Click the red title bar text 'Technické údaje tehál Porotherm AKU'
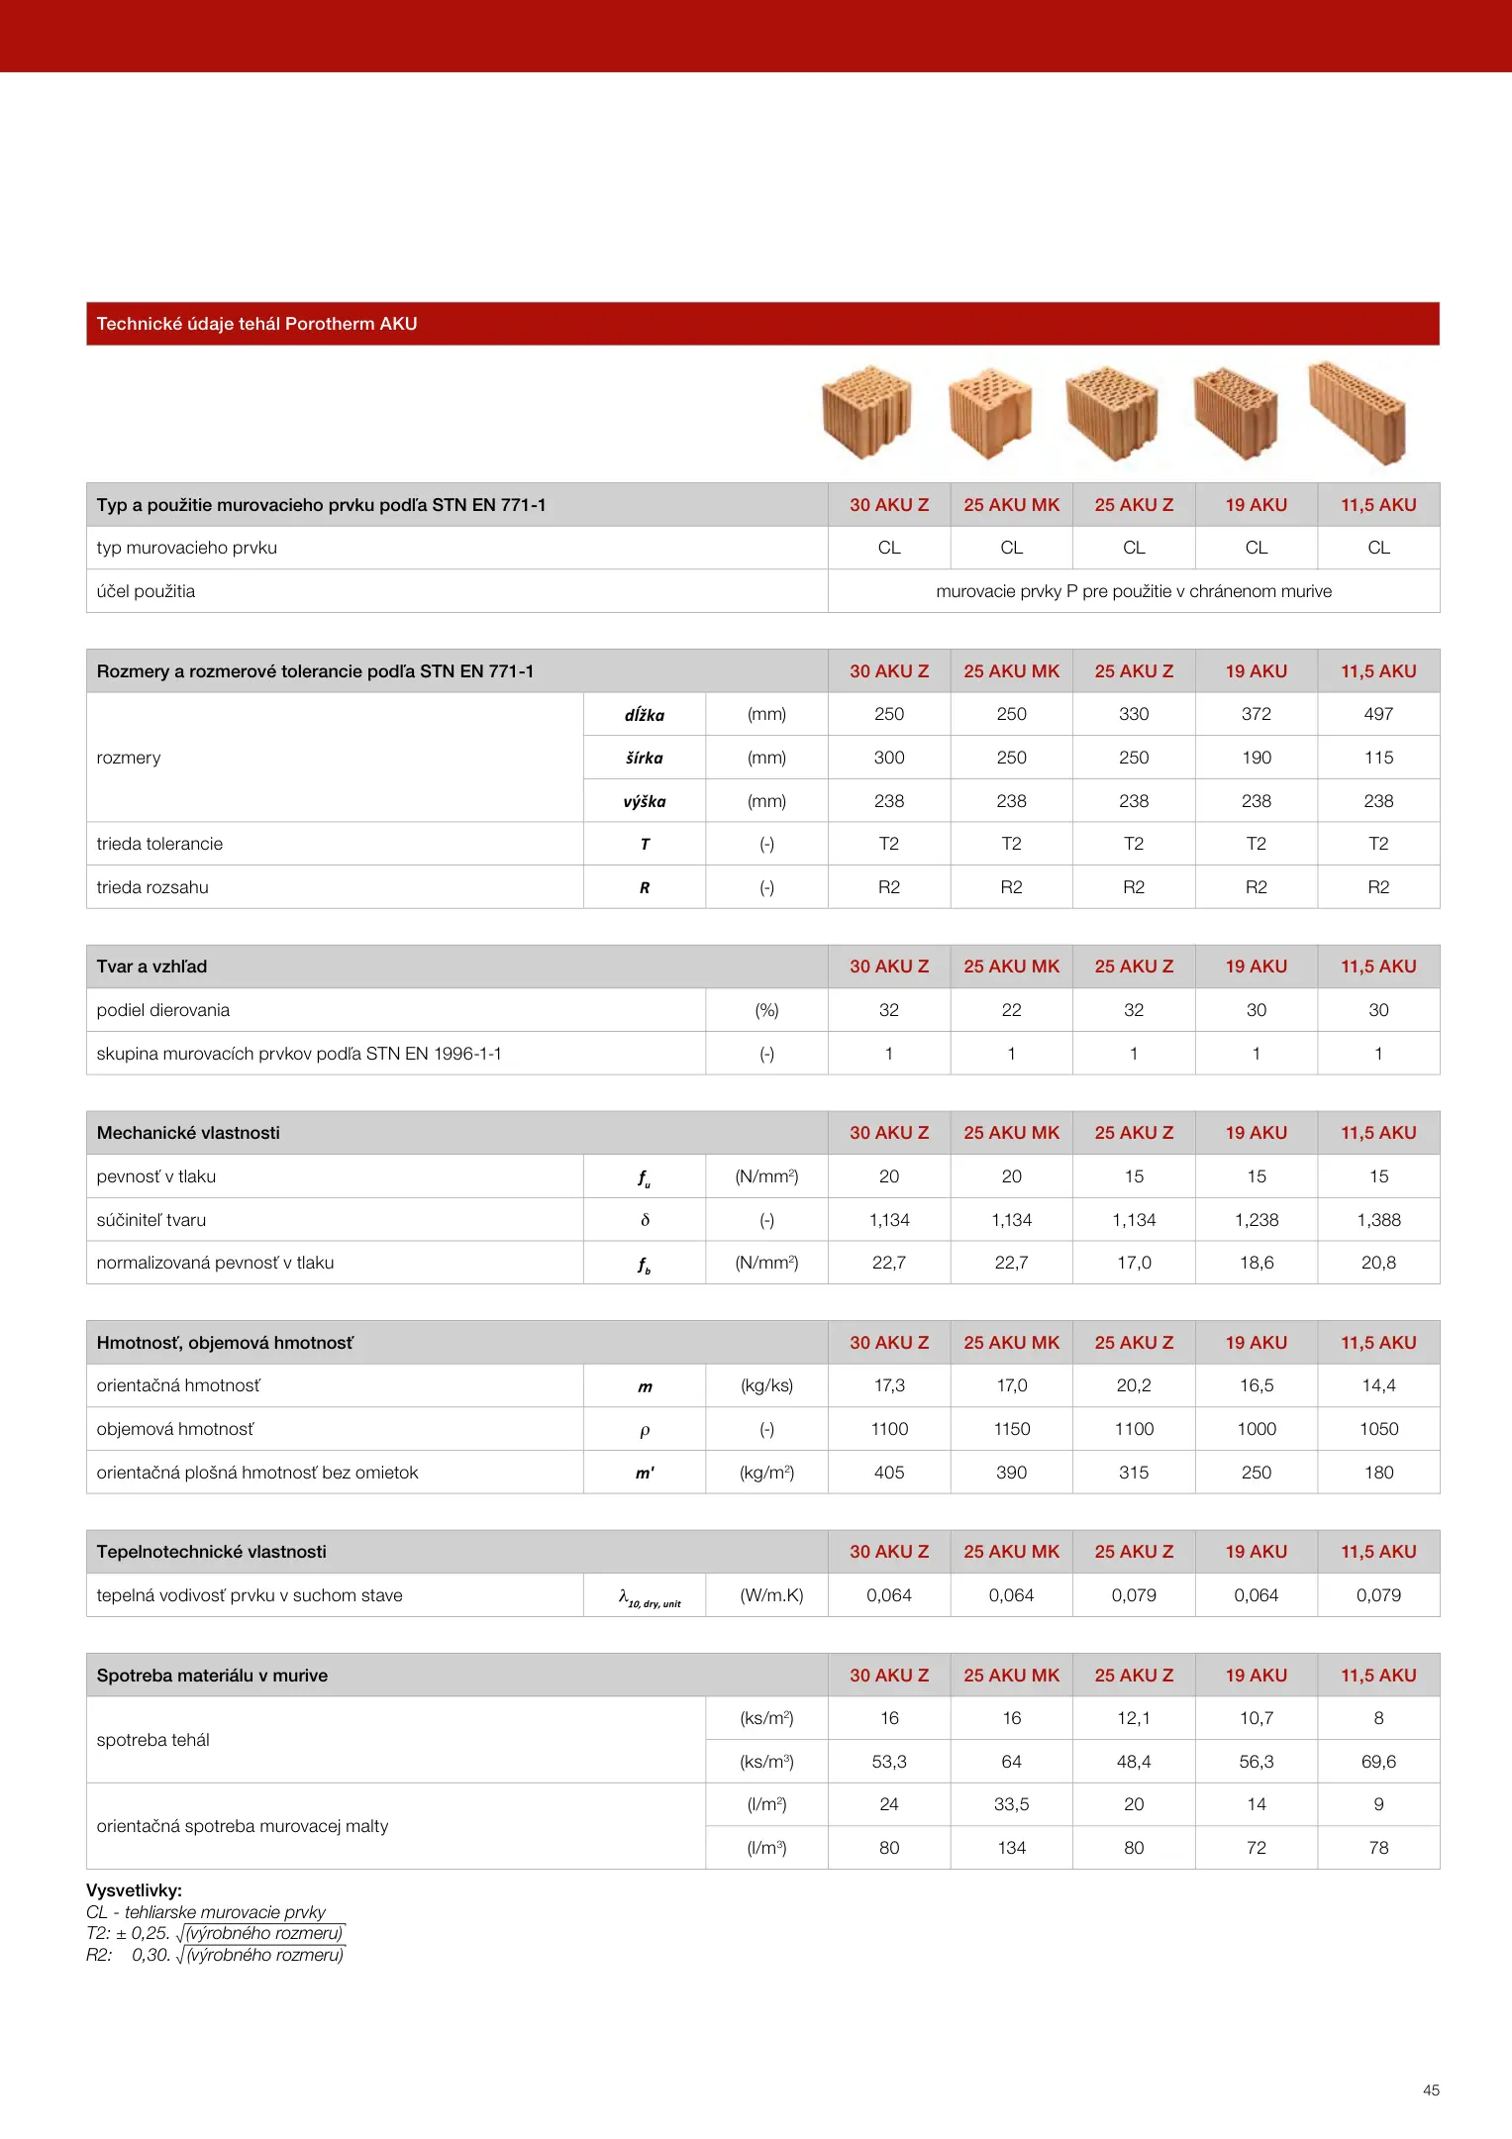tap(256, 324)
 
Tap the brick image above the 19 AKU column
tap(1236, 412)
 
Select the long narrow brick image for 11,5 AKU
tap(1358, 412)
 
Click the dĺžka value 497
tap(1378, 714)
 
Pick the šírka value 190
tap(1256, 758)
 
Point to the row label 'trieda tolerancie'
tap(159, 844)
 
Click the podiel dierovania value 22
tap(1011, 1010)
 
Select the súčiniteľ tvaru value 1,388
tap(1378, 1220)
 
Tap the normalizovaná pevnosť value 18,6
tap(1256, 1263)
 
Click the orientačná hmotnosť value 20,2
tap(1134, 1385)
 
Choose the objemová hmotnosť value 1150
tap(1011, 1429)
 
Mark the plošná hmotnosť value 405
tap(889, 1473)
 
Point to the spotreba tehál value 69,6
tap(1378, 1762)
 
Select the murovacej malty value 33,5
tap(1011, 1804)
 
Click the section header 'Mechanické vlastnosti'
tap(188, 1133)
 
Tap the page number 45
tap(1431, 2090)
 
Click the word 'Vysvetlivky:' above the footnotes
tap(134, 1890)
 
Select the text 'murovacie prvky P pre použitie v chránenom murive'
tap(1134, 591)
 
